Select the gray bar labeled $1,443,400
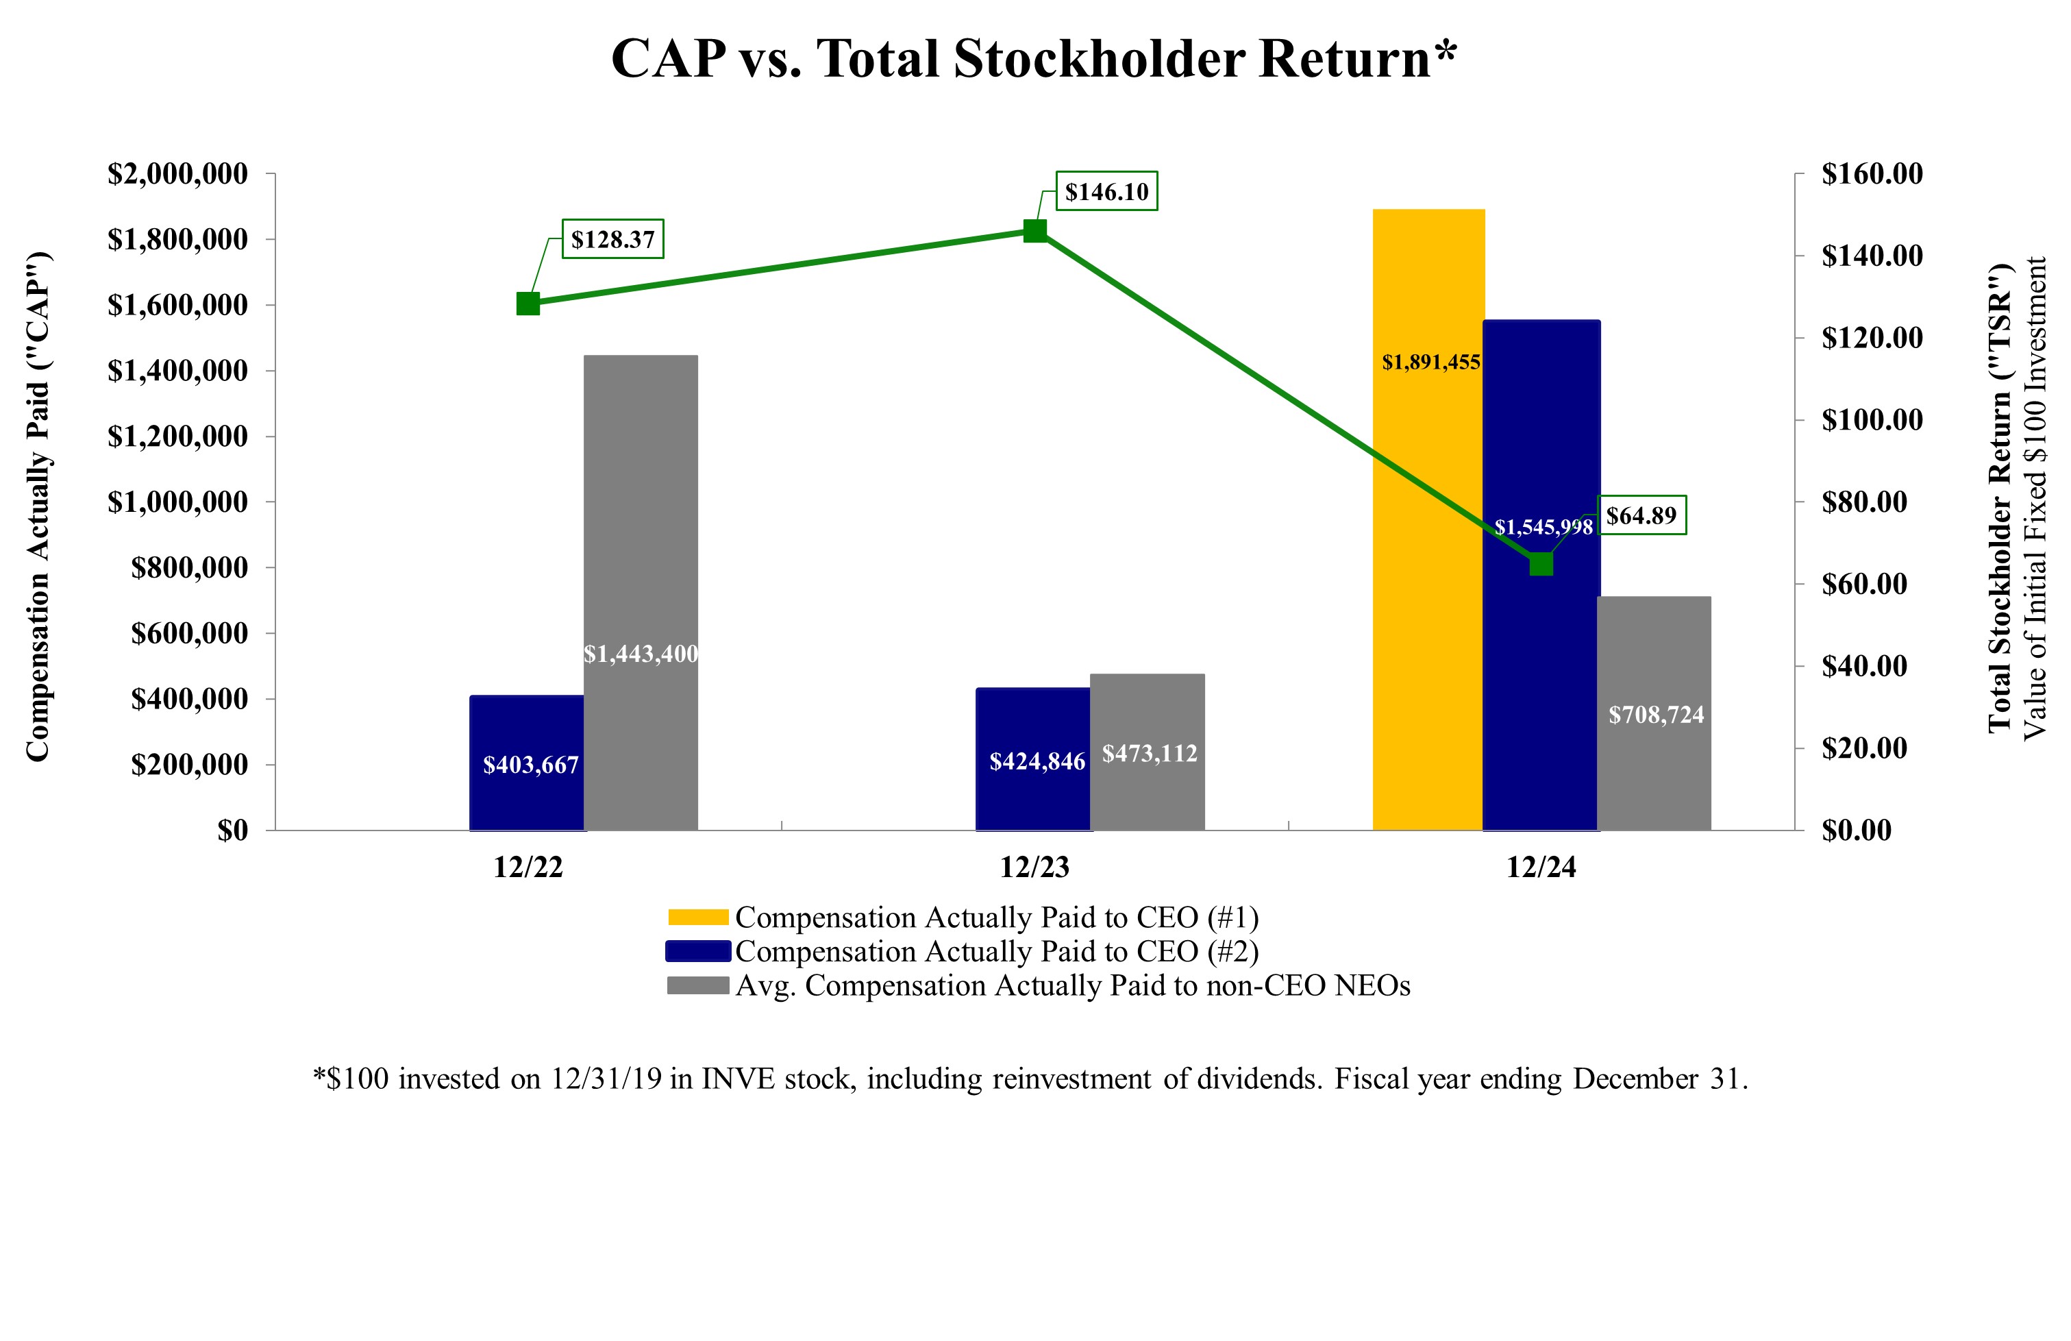[x=641, y=592]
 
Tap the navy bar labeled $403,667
[x=526, y=763]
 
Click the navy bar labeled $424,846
[x=1033, y=759]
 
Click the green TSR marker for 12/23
[x=1034, y=231]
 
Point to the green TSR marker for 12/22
[x=528, y=304]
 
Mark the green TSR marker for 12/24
[x=1541, y=565]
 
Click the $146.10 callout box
[x=1107, y=191]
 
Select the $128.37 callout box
[x=612, y=239]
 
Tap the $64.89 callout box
[x=1641, y=515]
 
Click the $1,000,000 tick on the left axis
[x=177, y=502]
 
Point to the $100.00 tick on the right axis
[x=1872, y=420]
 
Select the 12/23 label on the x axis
[x=1034, y=868]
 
